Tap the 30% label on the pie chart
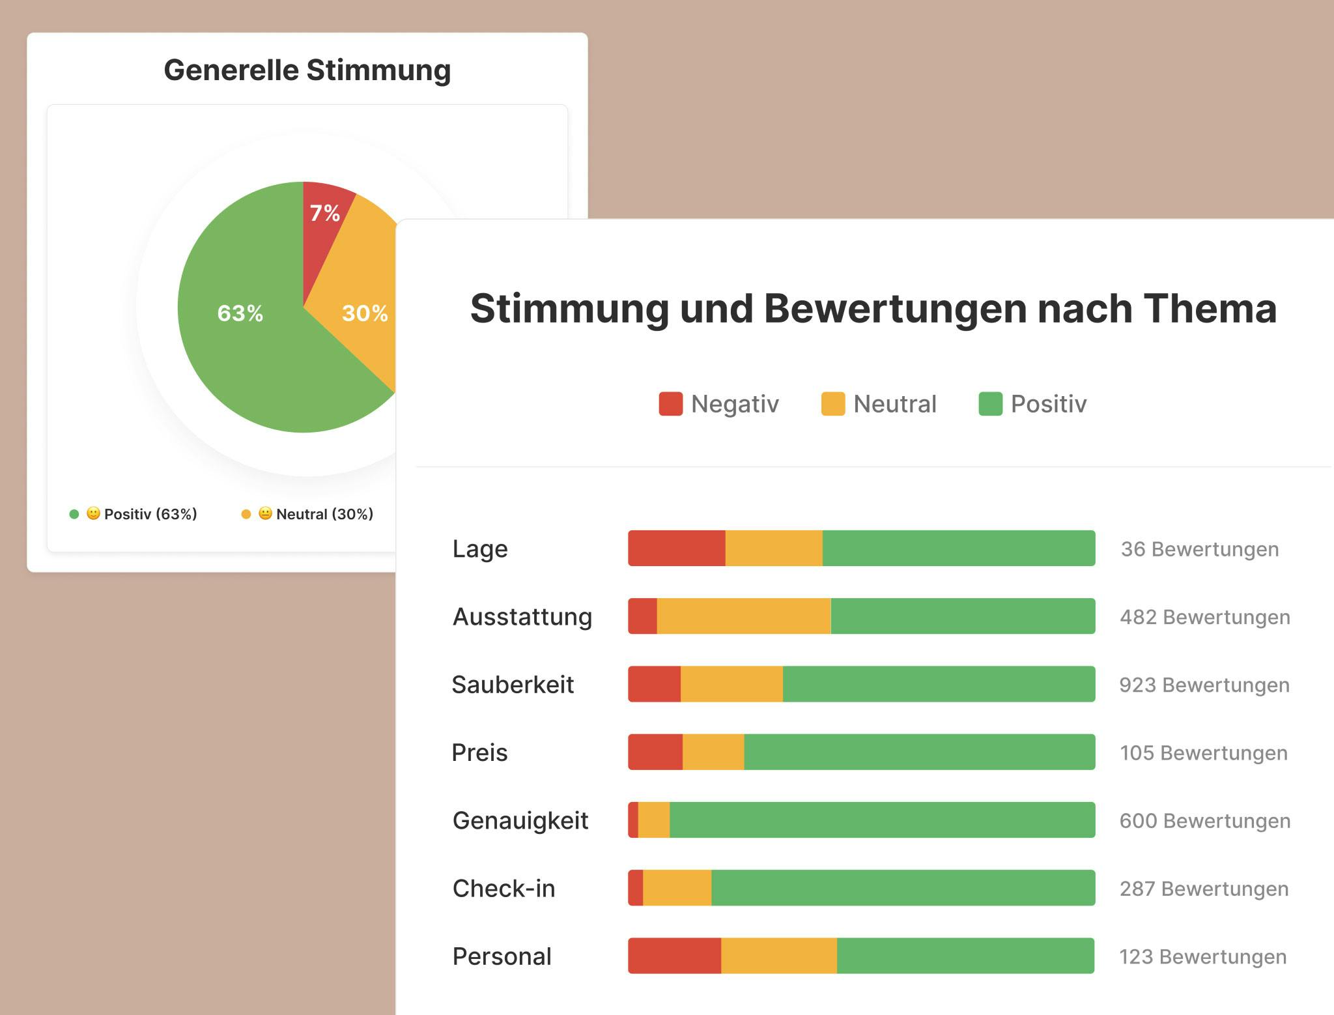[365, 313]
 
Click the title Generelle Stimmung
[307, 70]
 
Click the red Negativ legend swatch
[670, 404]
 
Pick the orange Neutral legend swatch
[832, 404]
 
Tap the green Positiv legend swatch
[990, 404]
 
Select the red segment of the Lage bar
[676, 549]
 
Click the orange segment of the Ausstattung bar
[743, 616]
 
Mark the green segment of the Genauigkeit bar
[882, 820]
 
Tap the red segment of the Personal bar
[674, 956]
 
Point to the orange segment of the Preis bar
[713, 752]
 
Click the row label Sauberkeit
[513, 685]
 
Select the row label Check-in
[504, 889]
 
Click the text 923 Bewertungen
[1204, 685]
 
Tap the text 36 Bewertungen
[1199, 549]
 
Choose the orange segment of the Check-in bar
[677, 888]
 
